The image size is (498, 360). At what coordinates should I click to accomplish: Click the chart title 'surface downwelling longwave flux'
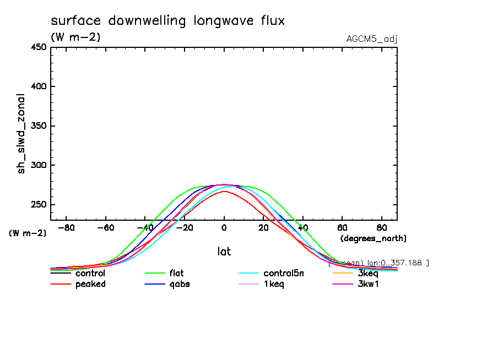click(167, 21)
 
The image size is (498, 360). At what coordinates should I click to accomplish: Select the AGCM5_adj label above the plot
click(372, 39)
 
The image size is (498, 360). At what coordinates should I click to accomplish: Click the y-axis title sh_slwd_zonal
click(22, 133)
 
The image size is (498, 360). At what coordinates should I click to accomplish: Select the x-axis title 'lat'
click(224, 252)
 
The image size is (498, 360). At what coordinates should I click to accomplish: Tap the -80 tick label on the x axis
click(66, 227)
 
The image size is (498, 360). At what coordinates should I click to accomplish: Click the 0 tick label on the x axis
click(224, 227)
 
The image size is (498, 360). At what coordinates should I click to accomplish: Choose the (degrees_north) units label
click(373, 238)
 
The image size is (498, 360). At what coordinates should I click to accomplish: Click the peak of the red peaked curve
click(224, 191)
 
